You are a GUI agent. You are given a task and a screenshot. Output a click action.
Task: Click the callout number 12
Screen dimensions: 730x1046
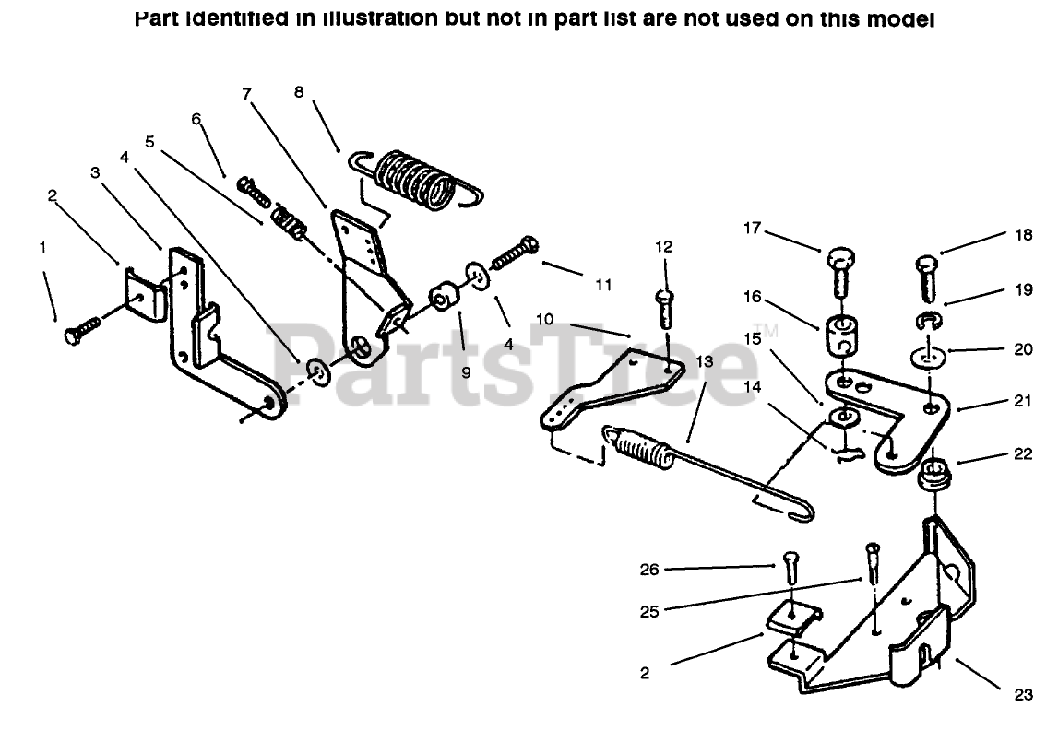pos(665,247)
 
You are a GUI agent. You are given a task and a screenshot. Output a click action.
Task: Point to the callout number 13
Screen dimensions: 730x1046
pos(705,362)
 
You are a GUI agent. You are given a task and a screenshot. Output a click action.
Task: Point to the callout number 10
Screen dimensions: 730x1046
pos(545,319)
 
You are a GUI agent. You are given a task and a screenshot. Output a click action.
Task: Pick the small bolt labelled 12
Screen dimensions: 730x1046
pos(666,309)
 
